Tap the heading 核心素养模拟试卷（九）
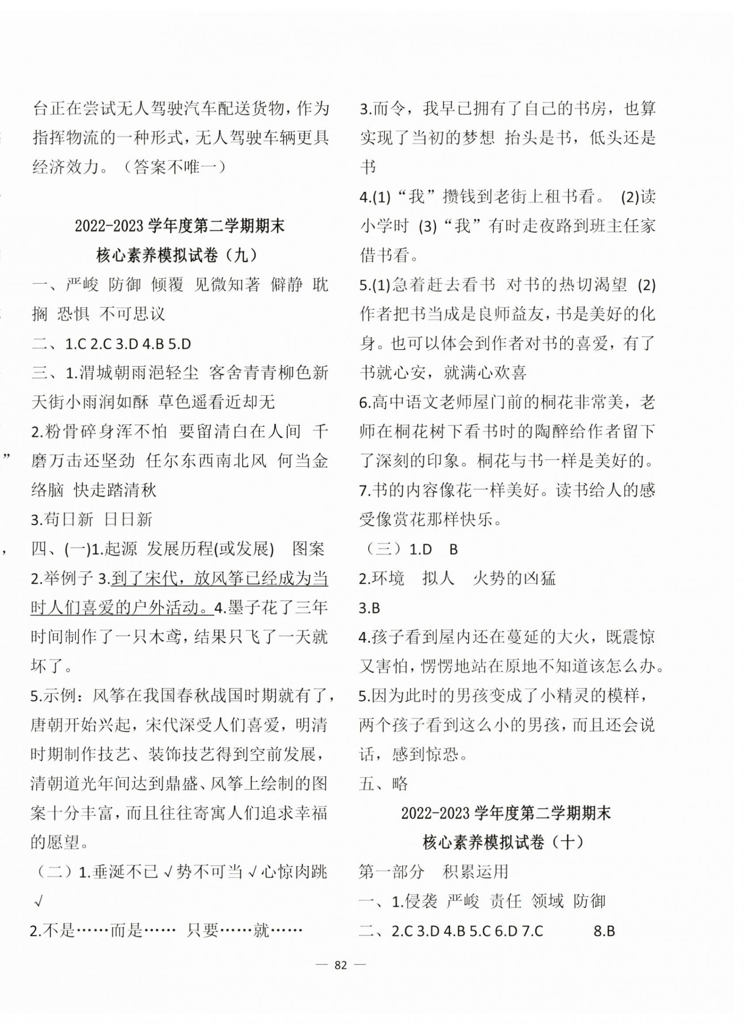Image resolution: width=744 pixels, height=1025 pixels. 179,255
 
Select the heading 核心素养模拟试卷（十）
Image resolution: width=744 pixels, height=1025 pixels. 505,842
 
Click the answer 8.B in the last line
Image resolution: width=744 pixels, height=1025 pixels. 604,931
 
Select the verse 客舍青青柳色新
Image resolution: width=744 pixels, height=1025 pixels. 269,373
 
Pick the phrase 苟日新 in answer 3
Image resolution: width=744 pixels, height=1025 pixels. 68,520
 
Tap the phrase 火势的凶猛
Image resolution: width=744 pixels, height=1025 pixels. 514,578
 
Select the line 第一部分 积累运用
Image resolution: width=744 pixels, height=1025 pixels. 434,871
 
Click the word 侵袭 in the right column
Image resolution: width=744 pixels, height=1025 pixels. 420,902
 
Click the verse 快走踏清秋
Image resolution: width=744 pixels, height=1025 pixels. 115,490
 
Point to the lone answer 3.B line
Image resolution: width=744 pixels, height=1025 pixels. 369,608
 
